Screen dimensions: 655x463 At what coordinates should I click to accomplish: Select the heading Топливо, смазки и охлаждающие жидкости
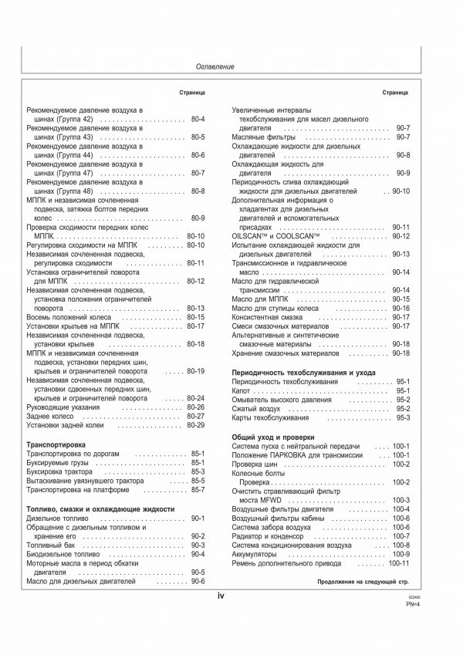point(100,509)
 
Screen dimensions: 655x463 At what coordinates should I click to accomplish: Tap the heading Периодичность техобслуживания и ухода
point(293,373)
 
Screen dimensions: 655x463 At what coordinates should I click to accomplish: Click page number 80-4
point(197,120)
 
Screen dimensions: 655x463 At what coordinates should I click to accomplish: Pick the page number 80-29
point(195,425)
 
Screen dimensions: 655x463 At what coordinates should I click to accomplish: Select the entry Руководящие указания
point(62,407)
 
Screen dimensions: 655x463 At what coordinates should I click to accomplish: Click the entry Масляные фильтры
point(261,137)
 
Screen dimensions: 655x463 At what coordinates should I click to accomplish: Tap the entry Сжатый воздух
point(257,409)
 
